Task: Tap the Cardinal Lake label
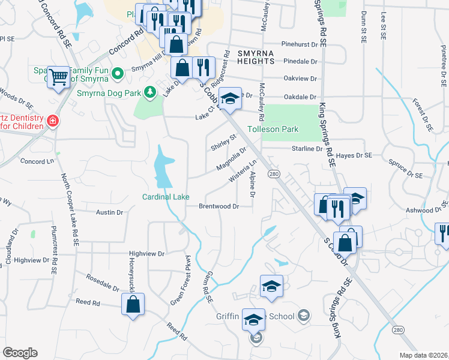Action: point(166,197)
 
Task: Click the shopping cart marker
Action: point(58,77)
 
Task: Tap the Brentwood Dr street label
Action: point(220,206)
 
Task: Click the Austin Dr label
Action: point(110,212)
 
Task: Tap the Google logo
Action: point(20,353)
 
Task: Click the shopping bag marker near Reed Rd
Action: point(133,304)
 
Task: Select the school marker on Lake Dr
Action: point(229,99)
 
